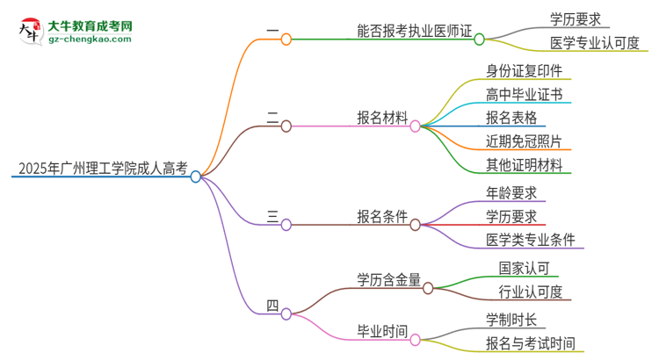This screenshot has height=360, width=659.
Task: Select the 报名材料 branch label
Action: [x=381, y=118]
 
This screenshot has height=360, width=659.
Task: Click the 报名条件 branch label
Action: [x=381, y=217]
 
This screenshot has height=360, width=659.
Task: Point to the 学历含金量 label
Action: [x=388, y=279]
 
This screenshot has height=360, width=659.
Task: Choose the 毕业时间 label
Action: [x=381, y=331]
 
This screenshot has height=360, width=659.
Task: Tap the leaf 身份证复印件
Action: [x=524, y=71]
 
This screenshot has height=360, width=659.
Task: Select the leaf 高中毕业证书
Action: [x=524, y=95]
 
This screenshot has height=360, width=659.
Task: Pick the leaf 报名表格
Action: [x=511, y=118]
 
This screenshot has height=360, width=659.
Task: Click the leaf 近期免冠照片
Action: [x=524, y=140]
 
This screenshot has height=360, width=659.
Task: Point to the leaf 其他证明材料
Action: [x=524, y=164]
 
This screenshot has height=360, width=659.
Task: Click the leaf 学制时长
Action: [x=511, y=319]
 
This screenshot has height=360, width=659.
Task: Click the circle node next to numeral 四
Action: [x=286, y=313]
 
